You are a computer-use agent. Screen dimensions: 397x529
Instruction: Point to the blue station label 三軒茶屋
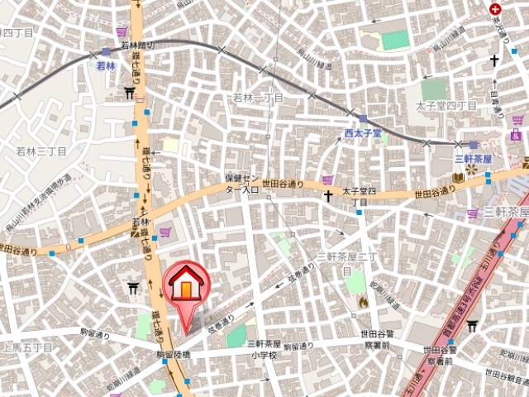pos(473,158)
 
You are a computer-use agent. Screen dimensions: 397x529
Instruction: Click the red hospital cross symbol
pos(495,7)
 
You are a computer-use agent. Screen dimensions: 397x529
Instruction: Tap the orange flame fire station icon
pos(362,303)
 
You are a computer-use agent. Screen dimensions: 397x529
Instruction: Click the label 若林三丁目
pos(41,151)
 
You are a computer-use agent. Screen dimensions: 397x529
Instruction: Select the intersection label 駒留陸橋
pos(173,355)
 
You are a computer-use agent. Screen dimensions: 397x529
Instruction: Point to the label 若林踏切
pos(138,46)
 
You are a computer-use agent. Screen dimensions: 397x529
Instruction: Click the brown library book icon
pos(456,177)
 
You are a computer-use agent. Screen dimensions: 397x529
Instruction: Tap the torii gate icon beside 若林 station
pos(130,93)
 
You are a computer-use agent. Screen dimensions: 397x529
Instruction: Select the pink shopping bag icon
pos(517,134)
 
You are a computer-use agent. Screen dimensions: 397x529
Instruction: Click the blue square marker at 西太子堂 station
pos(362,118)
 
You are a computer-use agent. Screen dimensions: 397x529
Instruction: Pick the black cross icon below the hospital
pos(494,60)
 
